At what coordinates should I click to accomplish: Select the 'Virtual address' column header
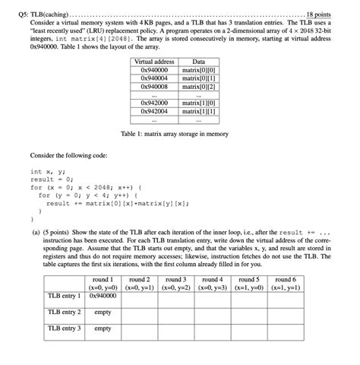(153, 62)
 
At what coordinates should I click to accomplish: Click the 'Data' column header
(198, 62)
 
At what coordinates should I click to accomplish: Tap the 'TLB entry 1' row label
(64, 296)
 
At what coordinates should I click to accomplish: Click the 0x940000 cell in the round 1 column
(101, 296)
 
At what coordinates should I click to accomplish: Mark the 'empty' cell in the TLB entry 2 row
(101, 312)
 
